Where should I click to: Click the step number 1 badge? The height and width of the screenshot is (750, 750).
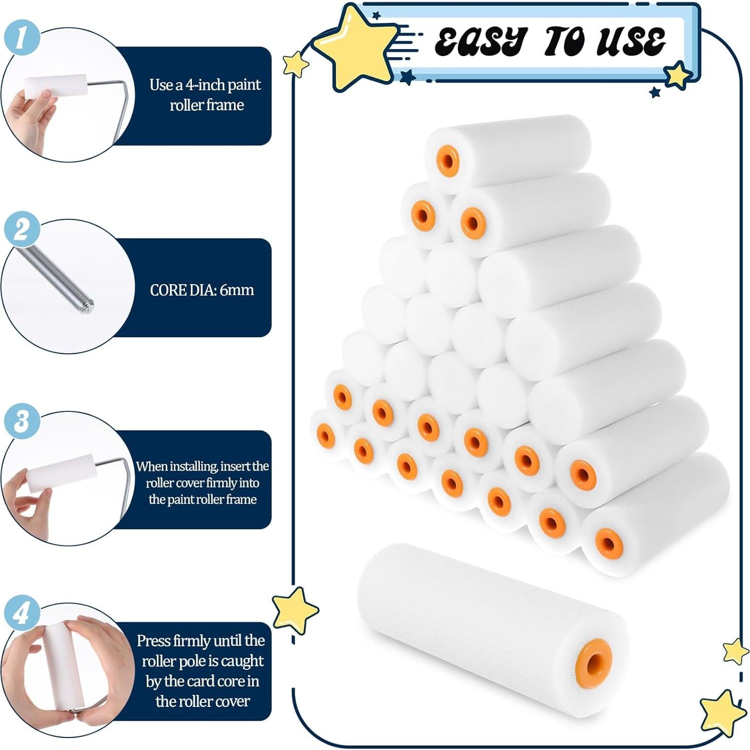point(21,36)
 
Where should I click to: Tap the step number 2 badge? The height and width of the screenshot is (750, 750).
point(21,229)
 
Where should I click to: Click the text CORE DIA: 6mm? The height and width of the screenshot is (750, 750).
point(202,290)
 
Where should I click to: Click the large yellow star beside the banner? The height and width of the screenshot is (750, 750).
point(353,48)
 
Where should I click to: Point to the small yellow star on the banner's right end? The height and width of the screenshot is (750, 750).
point(678,75)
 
